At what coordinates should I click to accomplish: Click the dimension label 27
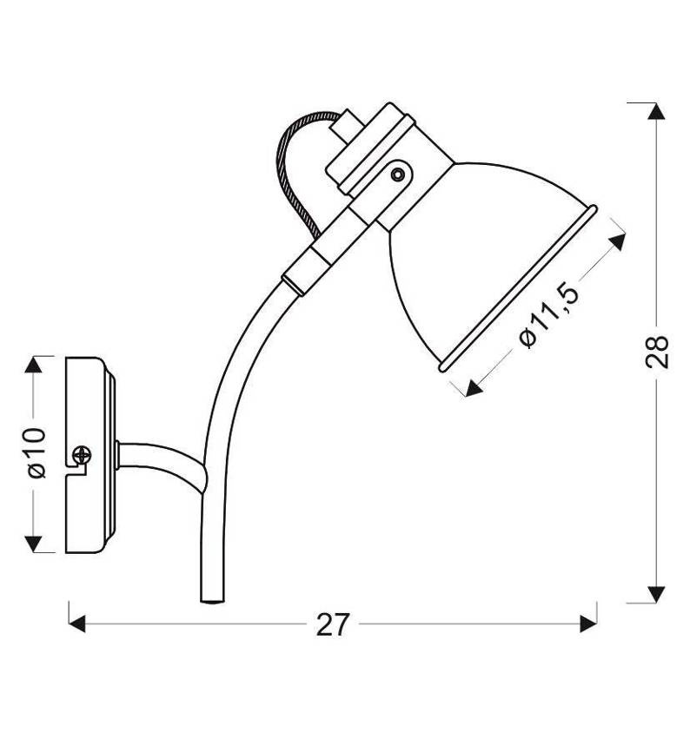tap(333, 624)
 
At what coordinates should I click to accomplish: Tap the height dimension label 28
tap(657, 351)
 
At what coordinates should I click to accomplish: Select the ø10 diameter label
tap(36, 452)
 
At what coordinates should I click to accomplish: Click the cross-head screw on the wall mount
tap(82, 455)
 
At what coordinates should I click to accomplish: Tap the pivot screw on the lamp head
tap(399, 175)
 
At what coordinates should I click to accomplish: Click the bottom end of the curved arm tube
tap(212, 601)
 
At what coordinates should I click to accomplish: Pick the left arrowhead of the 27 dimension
tap(77, 623)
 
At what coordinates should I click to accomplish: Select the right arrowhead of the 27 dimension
tap(588, 623)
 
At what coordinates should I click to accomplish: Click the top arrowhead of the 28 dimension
tap(656, 111)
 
